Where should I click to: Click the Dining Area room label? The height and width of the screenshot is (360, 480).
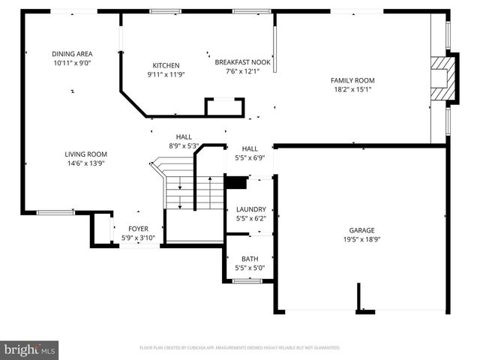click(x=72, y=54)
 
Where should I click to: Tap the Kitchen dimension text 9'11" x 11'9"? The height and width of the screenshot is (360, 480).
click(x=166, y=74)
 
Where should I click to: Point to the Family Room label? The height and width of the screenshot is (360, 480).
click(x=352, y=80)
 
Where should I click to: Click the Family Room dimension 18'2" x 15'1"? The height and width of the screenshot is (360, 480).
click(x=352, y=89)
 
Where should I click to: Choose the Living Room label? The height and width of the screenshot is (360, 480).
click(x=85, y=154)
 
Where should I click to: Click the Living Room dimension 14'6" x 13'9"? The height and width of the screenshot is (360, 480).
click(x=85, y=163)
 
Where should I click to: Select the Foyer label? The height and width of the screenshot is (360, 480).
click(x=138, y=229)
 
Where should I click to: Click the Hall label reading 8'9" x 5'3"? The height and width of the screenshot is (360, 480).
click(x=184, y=145)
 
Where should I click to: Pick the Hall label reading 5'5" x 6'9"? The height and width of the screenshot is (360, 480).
click(x=250, y=157)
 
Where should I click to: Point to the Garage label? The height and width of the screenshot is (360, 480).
click(x=361, y=230)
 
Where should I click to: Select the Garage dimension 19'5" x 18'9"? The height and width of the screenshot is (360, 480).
click(x=361, y=239)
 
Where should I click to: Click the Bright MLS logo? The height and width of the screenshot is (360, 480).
click(x=30, y=349)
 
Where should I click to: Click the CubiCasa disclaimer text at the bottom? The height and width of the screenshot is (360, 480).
click(x=240, y=348)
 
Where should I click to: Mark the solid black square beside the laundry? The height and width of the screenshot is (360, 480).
click(x=235, y=182)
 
